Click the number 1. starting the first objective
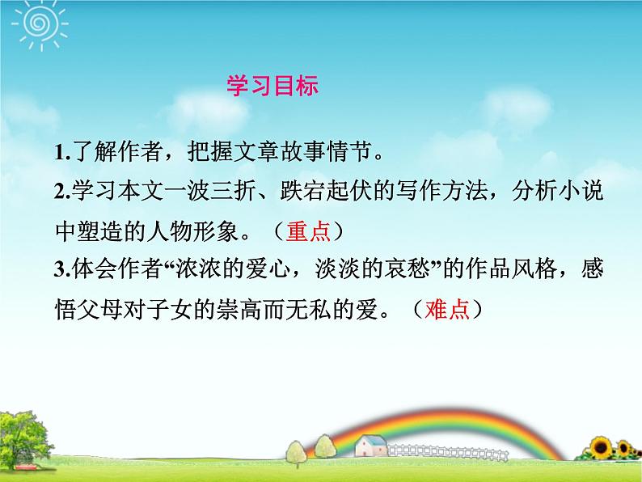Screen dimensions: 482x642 click(x=61, y=152)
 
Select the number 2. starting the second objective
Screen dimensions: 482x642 click(x=61, y=193)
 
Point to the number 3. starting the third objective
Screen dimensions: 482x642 click(x=61, y=270)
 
